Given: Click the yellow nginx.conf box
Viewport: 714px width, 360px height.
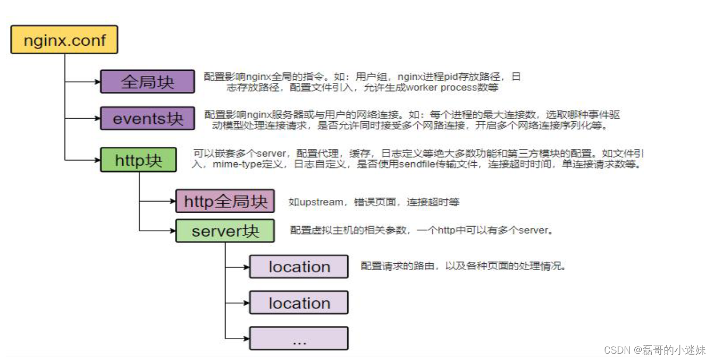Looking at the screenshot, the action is click(x=64, y=40).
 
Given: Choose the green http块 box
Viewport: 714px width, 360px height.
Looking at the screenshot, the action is click(x=138, y=160).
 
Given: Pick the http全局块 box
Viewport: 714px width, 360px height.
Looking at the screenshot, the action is click(x=225, y=202).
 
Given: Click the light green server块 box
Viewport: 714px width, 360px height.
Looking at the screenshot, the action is click(x=225, y=231).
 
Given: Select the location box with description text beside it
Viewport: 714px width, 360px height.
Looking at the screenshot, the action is click(x=299, y=266).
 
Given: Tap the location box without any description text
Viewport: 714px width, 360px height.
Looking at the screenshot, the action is click(x=299, y=303).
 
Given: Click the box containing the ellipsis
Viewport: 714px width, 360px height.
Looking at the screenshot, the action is click(x=299, y=338).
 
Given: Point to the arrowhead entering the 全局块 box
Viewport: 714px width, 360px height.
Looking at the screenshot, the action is click(x=97, y=82).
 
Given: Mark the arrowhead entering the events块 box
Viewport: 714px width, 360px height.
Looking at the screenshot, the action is click(x=97, y=118).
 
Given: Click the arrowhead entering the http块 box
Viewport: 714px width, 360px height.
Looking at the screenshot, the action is click(x=97, y=160).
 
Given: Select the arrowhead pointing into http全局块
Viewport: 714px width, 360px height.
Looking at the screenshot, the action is click(x=173, y=202).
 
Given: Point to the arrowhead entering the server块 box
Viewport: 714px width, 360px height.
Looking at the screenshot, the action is click(x=173, y=231).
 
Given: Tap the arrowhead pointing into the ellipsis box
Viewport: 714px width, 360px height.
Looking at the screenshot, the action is click(x=247, y=338).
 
